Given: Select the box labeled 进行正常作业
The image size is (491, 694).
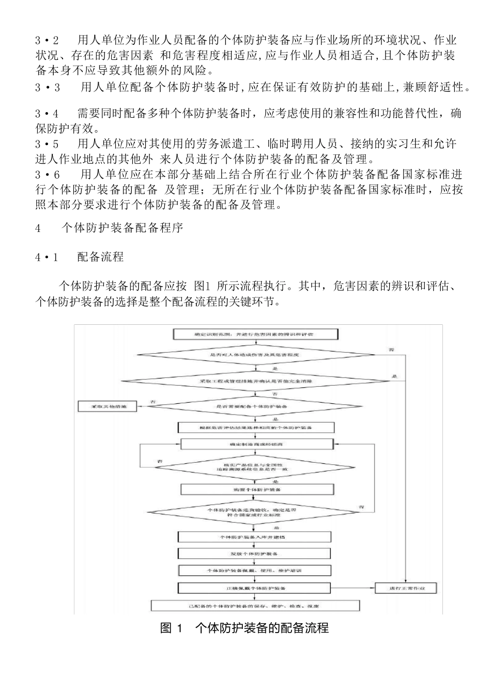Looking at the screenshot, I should coord(406,588).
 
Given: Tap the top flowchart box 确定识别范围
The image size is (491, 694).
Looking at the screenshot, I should coord(257,334).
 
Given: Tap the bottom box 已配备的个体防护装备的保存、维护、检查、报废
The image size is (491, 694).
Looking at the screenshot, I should coord(255,605).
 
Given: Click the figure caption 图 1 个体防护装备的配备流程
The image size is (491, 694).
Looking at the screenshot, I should coord(245,628).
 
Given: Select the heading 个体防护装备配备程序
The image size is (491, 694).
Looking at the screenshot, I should coord(122,228).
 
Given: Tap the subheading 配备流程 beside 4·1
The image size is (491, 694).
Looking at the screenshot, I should coord(100,257).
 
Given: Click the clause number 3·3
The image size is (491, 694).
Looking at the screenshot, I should coord(48,88).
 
